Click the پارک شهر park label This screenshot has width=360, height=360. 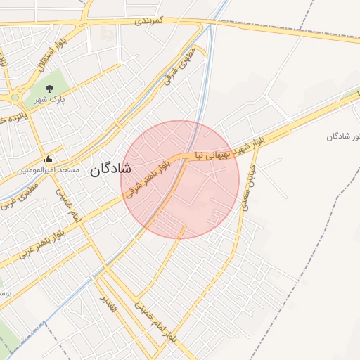coord(71,101)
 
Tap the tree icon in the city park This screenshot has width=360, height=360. coord(49,89)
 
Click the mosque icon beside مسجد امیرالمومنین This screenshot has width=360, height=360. coord(48,159)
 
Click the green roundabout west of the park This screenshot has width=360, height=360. coord(15,98)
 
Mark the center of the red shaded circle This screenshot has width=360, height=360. coord(180,180)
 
